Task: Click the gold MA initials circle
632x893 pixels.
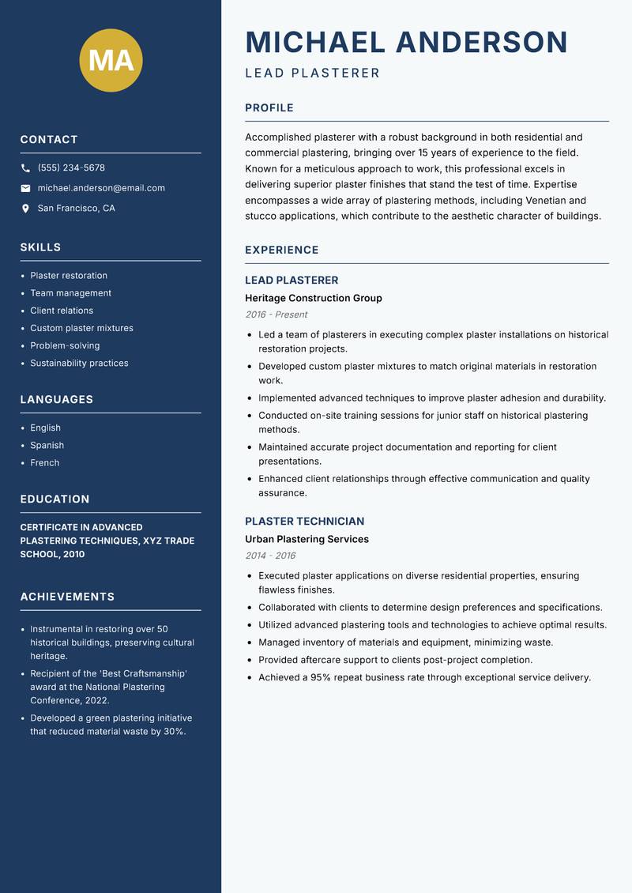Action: (x=111, y=61)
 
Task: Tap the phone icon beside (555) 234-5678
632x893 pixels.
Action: (x=25, y=168)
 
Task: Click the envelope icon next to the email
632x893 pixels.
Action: (x=25, y=188)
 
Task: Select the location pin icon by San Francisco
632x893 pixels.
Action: (x=25, y=209)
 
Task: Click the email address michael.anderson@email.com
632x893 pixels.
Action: (x=101, y=188)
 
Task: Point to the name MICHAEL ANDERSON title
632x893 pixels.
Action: (x=406, y=42)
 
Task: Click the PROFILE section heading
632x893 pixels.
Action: (x=269, y=108)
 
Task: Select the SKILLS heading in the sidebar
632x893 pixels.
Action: (x=40, y=247)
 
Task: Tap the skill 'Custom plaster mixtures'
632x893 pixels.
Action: (x=81, y=328)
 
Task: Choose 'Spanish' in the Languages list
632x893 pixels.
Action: (x=47, y=445)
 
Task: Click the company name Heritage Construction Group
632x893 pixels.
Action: (x=313, y=298)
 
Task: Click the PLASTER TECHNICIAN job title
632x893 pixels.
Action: (x=304, y=522)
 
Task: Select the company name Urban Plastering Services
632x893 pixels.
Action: (x=307, y=539)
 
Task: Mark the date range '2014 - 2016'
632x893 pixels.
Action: (x=270, y=556)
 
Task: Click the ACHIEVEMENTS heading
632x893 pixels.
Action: (x=67, y=597)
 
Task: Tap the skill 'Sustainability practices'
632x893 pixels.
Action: (x=79, y=363)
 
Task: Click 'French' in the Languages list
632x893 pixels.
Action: (x=44, y=462)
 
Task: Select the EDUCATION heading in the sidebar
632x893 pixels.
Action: (x=55, y=499)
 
